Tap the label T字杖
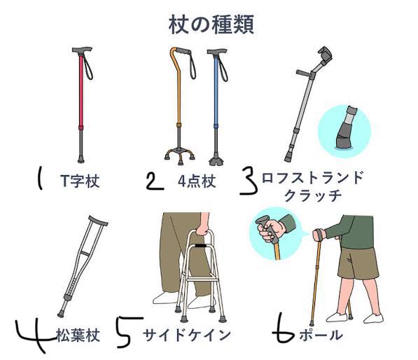point(80,181)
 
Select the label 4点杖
point(197,181)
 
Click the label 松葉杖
point(78,335)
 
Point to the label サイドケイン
point(187,335)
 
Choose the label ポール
point(321,335)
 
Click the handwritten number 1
point(40,178)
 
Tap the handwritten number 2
point(155,181)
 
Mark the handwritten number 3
point(249,181)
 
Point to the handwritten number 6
point(283,328)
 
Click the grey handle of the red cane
point(82,50)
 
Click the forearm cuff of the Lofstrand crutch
point(326,55)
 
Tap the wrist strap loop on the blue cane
point(223,67)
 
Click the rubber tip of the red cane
point(81,160)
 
